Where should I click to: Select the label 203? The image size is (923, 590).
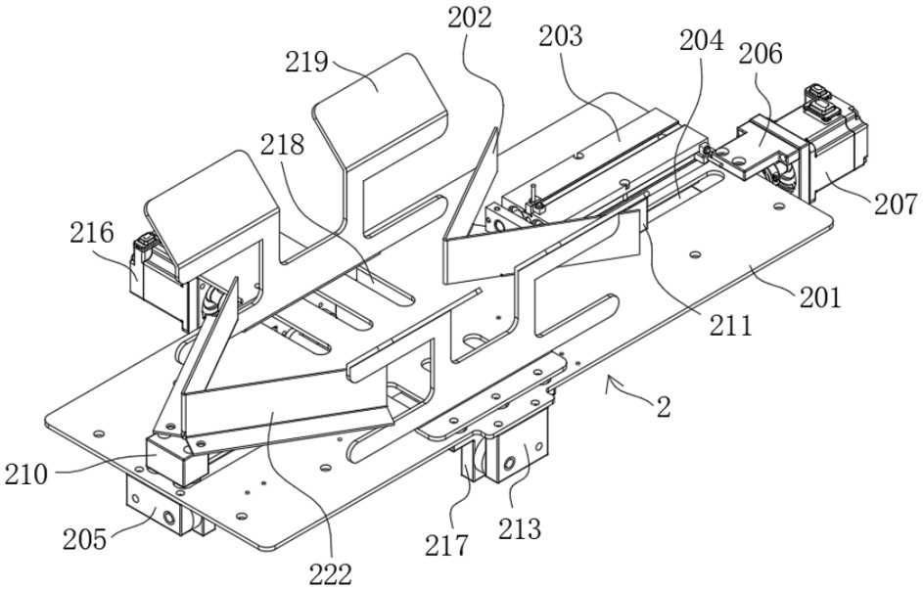pyautogui.click(x=560, y=37)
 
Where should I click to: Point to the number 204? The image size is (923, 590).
pyautogui.click(x=702, y=41)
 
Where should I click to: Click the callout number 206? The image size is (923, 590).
pyautogui.click(x=761, y=54)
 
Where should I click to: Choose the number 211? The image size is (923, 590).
pyautogui.click(x=731, y=325)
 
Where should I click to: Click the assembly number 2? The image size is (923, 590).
pyautogui.click(x=663, y=408)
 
